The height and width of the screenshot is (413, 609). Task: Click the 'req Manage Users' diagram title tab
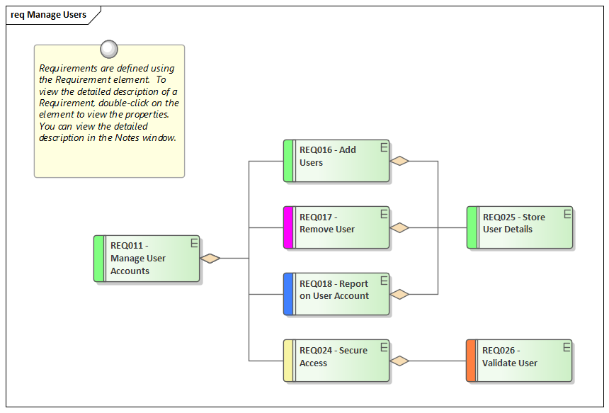[48, 15]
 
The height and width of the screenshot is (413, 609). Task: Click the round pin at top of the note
[109, 48]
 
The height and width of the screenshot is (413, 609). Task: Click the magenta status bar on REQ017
[288, 227]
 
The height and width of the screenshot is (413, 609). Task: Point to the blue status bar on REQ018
[288, 294]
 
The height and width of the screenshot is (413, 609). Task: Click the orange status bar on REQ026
[471, 361]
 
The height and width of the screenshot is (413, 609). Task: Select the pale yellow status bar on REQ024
[288, 361]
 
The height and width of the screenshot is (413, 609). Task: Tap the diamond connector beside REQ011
[210, 259]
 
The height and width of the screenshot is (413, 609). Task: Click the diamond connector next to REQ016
[400, 161]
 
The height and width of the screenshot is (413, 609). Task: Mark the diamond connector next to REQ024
[400, 361]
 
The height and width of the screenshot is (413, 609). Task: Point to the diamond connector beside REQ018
[400, 294]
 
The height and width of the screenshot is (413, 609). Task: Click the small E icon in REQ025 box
[566, 213]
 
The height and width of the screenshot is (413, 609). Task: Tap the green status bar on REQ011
[99, 259]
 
